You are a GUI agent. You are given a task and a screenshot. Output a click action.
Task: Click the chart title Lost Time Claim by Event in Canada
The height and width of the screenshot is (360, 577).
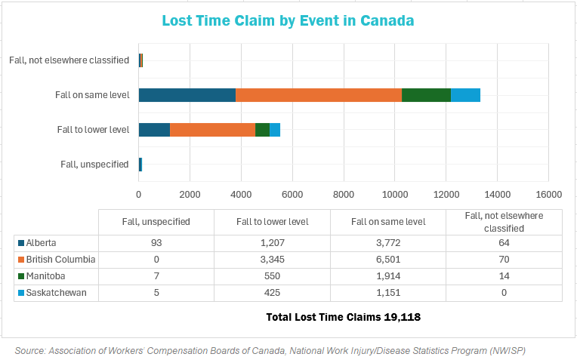click(x=288, y=21)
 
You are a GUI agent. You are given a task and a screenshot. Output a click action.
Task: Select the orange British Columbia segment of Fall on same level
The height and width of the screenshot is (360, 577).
click(x=318, y=95)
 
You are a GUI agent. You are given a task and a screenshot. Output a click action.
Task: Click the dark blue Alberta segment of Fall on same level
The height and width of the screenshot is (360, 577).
click(x=187, y=95)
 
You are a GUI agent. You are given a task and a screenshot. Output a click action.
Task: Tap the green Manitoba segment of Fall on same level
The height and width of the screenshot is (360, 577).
click(x=426, y=95)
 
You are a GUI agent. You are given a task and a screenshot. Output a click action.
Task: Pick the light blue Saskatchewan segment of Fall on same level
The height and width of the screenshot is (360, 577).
click(x=465, y=95)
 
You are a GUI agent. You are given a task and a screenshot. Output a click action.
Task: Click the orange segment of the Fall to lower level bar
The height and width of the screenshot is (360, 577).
click(x=212, y=130)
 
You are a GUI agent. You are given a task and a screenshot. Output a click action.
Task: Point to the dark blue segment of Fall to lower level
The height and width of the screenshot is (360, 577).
click(x=154, y=130)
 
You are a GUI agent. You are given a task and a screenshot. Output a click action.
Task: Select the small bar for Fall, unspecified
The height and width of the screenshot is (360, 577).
click(x=140, y=165)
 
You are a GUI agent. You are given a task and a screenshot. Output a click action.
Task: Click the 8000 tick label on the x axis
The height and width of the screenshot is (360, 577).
click(x=344, y=194)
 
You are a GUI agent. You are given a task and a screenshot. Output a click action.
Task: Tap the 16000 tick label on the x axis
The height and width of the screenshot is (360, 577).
click(x=548, y=194)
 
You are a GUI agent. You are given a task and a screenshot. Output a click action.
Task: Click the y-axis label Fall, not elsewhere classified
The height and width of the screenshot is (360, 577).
click(x=69, y=60)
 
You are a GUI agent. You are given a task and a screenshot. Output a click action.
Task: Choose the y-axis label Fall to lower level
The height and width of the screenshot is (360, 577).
click(x=93, y=130)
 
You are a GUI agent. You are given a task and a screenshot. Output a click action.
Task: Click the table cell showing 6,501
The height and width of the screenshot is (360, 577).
click(x=387, y=259)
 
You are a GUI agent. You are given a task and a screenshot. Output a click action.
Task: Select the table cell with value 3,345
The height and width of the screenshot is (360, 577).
click(x=272, y=259)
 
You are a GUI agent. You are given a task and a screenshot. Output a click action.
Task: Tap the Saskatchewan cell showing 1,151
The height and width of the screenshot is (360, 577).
click(x=387, y=292)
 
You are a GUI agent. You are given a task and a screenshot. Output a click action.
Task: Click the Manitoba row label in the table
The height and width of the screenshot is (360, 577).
click(x=45, y=275)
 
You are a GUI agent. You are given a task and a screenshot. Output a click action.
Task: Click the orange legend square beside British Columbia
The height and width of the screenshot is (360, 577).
click(x=20, y=259)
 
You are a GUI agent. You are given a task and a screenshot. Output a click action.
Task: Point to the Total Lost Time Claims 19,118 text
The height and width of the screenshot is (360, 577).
click(x=343, y=317)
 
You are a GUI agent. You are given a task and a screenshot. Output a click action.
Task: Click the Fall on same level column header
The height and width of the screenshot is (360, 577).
click(x=387, y=221)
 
